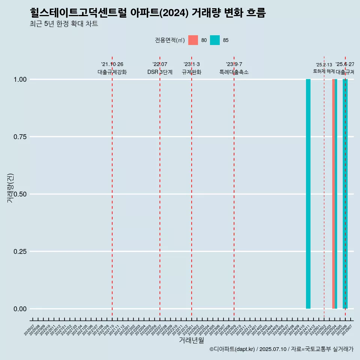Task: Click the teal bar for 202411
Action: (x=308, y=194)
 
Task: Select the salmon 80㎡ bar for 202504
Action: (x=333, y=194)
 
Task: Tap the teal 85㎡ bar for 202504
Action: (x=336, y=194)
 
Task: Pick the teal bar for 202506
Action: (x=345, y=194)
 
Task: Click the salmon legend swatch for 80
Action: (x=193, y=40)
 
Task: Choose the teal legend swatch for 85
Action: (x=215, y=40)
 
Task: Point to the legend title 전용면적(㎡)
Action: (x=169, y=40)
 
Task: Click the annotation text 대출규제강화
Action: (x=112, y=72)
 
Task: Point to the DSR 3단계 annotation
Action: (x=160, y=72)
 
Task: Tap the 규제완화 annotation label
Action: (x=192, y=72)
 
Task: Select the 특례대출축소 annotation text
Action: (x=234, y=72)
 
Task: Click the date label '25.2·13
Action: (x=324, y=65)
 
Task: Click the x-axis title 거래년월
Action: (x=192, y=340)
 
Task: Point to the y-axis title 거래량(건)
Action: (x=10, y=188)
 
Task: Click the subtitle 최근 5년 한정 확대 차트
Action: (x=64, y=24)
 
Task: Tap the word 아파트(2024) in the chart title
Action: (x=159, y=13)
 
